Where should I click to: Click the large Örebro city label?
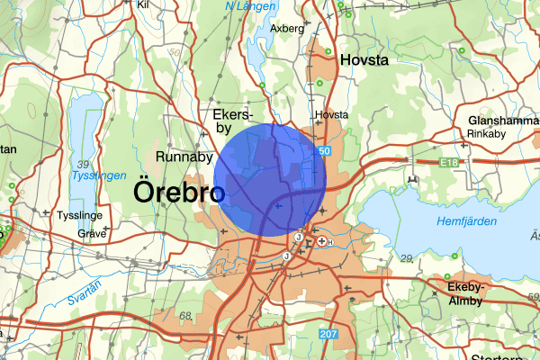point(179,193)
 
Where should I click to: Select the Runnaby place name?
point(184,157)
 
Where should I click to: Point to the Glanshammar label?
point(501,121)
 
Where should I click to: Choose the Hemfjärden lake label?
point(466,220)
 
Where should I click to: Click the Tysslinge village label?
point(83,216)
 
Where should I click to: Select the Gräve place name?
point(92,232)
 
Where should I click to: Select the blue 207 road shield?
point(328,335)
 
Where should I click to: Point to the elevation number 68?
point(186,316)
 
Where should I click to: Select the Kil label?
point(142,4)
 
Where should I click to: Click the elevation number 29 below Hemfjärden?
point(406,258)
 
